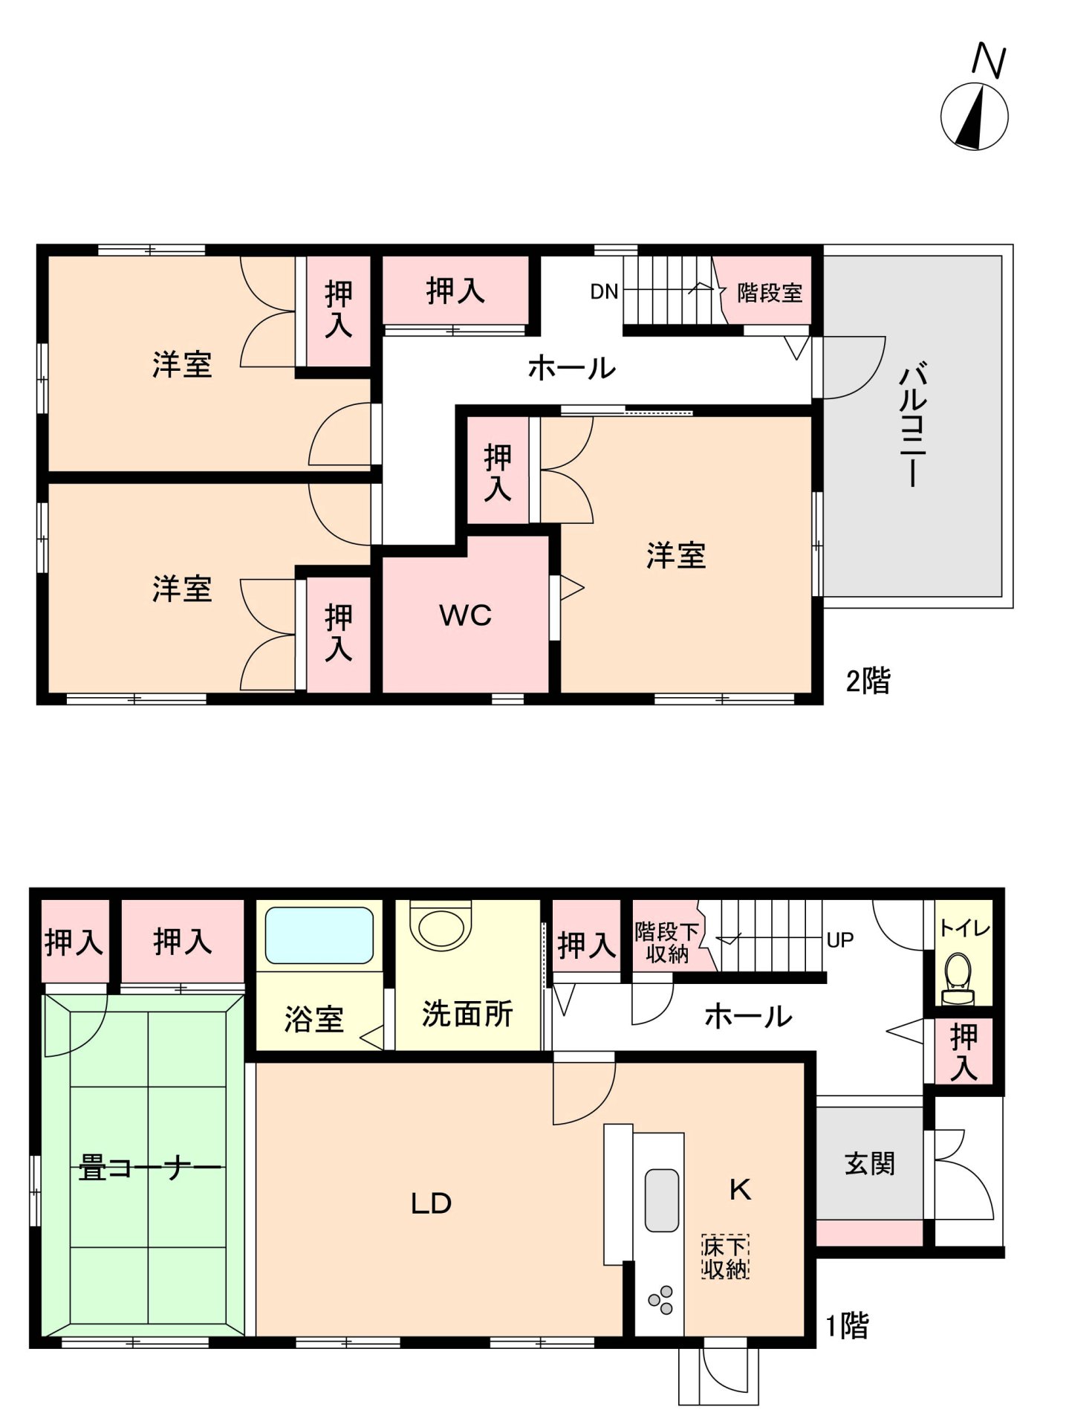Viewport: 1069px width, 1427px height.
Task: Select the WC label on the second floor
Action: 465,615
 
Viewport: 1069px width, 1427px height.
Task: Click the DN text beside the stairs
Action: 604,292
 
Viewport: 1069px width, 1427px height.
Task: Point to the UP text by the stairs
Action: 839,940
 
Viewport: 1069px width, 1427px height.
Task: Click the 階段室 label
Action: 770,293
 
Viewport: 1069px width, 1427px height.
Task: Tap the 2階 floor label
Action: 868,681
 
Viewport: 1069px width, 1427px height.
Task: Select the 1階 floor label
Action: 847,1324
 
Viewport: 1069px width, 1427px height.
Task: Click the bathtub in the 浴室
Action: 319,934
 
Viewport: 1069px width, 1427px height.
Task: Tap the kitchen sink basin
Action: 661,1200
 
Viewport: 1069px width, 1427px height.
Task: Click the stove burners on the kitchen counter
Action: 660,1300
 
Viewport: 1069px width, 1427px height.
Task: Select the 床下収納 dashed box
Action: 725,1257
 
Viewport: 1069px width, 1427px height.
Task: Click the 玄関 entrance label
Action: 869,1163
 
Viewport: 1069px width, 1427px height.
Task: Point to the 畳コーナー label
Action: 149,1168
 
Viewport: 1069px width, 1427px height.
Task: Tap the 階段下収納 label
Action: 666,942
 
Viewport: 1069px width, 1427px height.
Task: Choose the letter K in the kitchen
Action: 740,1190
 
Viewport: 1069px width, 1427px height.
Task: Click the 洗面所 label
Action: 467,1014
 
